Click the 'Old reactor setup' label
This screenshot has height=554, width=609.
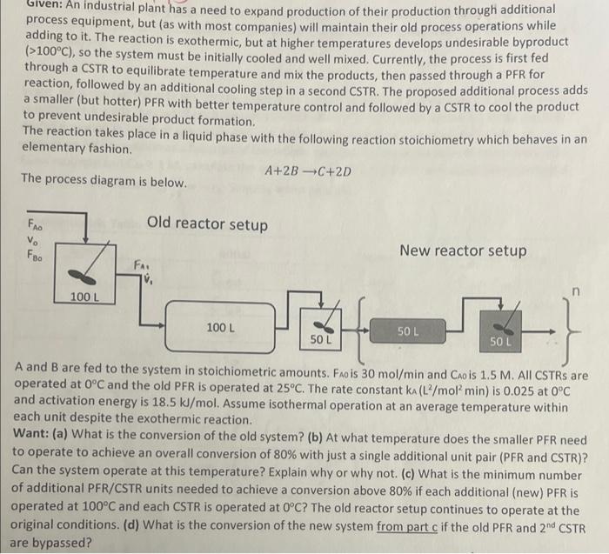pos(207,224)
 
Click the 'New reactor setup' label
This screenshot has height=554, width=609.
pos(463,250)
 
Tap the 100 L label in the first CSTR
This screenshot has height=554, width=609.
pos(84,297)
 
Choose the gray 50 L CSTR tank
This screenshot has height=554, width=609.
pos(503,331)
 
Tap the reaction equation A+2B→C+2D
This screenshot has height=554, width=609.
pos(307,170)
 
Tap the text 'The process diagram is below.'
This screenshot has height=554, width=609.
pos(104,183)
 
